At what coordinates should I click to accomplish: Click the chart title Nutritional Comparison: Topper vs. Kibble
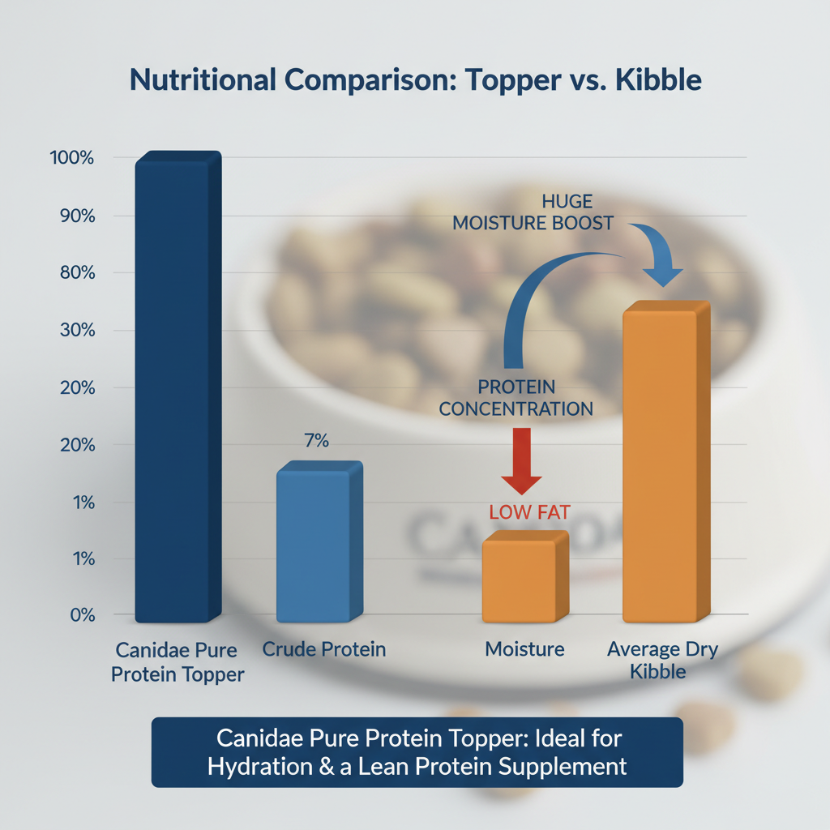(x=414, y=82)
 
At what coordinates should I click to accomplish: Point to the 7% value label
(x=316, y=441)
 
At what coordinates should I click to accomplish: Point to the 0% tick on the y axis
(x=82, y=615)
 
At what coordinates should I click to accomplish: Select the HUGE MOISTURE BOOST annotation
(x=533, y=212)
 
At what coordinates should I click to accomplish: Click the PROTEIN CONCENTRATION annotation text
(x=516, y=397)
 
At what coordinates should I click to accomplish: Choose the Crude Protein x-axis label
(x=324, y=649)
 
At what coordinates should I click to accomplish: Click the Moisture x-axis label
(x=524, y=649)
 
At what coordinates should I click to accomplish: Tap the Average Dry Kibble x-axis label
(x=662, y=661)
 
